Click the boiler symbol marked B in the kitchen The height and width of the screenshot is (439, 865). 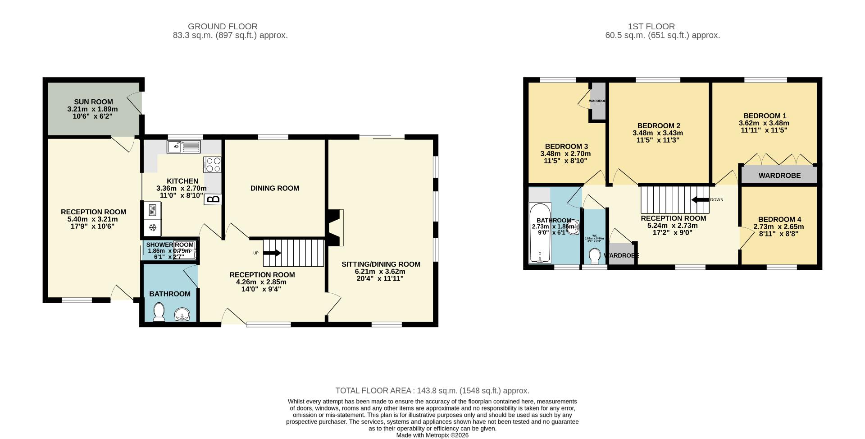point(213,199)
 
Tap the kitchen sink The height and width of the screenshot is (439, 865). point(183,147)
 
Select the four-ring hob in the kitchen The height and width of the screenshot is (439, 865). point(212,164)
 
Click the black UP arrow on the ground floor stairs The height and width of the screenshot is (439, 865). point(272,253)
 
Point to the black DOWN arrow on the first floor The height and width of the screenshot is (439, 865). point(700,200)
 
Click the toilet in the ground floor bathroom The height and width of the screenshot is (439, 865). point(159,312)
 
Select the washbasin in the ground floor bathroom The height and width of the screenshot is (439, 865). point(183,314)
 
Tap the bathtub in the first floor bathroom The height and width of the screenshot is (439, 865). point(540,235)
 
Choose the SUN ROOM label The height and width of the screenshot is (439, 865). point(93,102)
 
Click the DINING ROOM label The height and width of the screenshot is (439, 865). point(274,188)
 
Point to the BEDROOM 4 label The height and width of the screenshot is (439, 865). point(778,220)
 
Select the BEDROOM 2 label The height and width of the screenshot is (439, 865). point(658,126)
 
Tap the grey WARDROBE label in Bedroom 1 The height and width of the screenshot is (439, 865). point(779,176)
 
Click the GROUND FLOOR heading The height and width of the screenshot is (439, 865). point(223,27)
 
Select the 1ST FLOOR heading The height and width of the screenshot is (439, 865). point(651,27)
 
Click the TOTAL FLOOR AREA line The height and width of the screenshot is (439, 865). point(432,391)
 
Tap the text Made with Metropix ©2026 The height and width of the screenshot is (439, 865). point(432,435)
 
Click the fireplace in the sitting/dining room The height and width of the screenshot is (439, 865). point(336,227)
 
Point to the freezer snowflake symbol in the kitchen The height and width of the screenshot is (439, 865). point(152,227)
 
